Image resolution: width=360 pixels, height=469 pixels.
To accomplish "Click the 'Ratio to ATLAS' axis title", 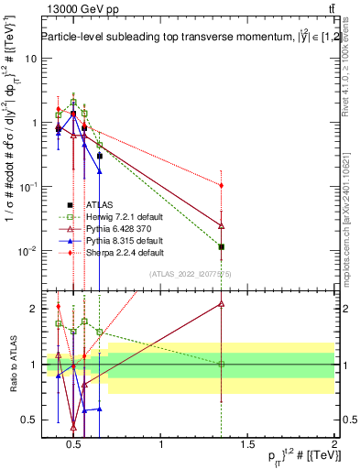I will (x=11, y=365).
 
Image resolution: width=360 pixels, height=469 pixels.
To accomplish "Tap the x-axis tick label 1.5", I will (x=248, y=445).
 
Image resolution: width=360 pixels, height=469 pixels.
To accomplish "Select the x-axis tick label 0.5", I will (x=75, y=445).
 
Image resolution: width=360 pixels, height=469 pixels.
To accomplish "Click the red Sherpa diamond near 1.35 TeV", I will (x=222, y=185).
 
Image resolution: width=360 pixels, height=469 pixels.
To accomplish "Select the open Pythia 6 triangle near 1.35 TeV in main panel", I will (x=222, y=224).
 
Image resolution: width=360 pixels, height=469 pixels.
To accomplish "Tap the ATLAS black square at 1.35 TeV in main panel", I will (x=222, y=246).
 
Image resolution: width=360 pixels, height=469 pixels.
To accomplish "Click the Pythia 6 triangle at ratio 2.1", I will (x=222, y=303).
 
